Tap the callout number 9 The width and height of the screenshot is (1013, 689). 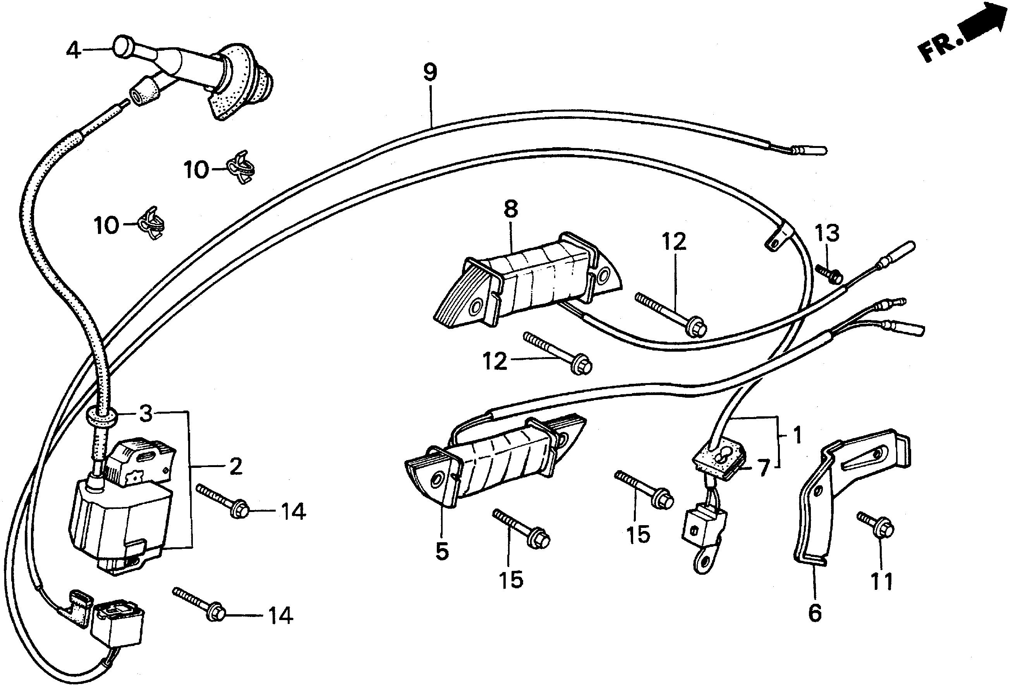(430, 73)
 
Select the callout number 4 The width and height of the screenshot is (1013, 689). (73, 51)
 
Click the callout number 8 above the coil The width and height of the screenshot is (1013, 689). (510, 209)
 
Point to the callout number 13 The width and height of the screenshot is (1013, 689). (827, 233)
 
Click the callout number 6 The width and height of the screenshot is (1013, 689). (814, 613)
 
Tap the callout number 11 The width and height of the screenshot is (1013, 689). (881, 581)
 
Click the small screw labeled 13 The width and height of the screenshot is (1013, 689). (828, 273)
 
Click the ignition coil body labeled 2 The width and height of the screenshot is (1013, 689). (118, 523)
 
